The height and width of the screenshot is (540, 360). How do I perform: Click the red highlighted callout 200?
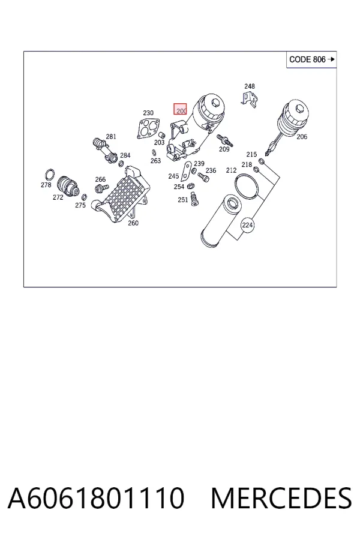(180, 109)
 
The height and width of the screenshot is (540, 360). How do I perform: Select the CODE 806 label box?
(311, 59)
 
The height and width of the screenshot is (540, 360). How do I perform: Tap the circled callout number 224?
(247, 225)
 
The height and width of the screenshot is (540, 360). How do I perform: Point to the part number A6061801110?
(96, 497)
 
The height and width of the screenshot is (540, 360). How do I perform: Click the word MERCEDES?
(281, 497)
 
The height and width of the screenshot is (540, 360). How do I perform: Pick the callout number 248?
(250, 86)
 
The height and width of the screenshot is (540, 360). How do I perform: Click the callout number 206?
(302, 137)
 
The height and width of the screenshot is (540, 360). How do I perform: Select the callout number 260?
(133, 223)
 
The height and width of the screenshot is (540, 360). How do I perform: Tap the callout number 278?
(46, 185)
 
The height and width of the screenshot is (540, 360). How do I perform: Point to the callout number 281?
(111, 137)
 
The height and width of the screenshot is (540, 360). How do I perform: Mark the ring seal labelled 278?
(50, 175)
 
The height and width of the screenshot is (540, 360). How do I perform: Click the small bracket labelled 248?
(250, 99)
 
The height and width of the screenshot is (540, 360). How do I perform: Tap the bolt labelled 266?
(101, 188)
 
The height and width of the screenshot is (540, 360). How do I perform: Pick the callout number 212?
(231, 170)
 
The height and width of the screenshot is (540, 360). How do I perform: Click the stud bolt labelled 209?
(224, 140)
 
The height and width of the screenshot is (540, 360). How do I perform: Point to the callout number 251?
(182, 200)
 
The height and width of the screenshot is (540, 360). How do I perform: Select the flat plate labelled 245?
(186, 171)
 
